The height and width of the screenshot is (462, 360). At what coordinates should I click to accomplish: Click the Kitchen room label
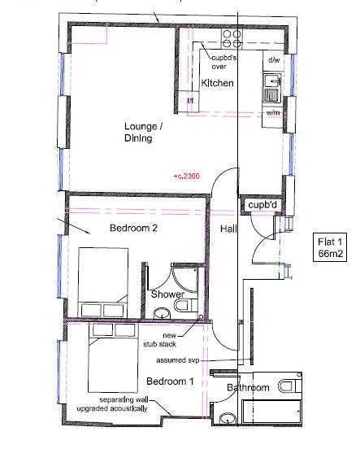[x=217, y=83]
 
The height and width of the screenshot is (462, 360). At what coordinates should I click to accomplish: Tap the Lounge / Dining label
[x=143, y=132]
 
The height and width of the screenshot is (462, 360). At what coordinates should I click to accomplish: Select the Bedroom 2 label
[x=133, y=228]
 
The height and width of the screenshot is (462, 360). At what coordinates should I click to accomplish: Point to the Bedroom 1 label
[x=170, y=381]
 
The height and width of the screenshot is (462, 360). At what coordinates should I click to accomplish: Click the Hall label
[x=228, y=229]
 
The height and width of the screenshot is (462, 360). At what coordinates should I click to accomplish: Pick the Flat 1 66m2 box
[x=330, y=247]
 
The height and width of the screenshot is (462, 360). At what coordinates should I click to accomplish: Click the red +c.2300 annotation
[x=187, y=177]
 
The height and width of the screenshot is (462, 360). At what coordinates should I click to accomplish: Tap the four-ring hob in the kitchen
[x=232, y=39]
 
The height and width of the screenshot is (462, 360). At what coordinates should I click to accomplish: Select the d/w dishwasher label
[x=274, y=60]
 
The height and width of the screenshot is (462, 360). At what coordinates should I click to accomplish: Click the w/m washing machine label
[x=273, y=113]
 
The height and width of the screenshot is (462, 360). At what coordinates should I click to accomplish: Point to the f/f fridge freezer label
[x=190, y=101]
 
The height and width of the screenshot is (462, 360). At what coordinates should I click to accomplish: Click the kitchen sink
[x=272, y=88]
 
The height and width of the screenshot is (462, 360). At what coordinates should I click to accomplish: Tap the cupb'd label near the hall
[x=262, y=205]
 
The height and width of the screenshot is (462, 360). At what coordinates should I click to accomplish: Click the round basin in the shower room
[x=162, y=313]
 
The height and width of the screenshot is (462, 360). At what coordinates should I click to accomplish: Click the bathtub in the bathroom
[x=271, y=412]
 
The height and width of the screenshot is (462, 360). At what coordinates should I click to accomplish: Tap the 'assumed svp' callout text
[x=178, y=360]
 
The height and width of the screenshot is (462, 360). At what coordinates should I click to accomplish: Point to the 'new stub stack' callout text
[x=160, y=340]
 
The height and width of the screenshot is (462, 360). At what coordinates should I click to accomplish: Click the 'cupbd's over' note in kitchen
[x=223, y=62]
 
